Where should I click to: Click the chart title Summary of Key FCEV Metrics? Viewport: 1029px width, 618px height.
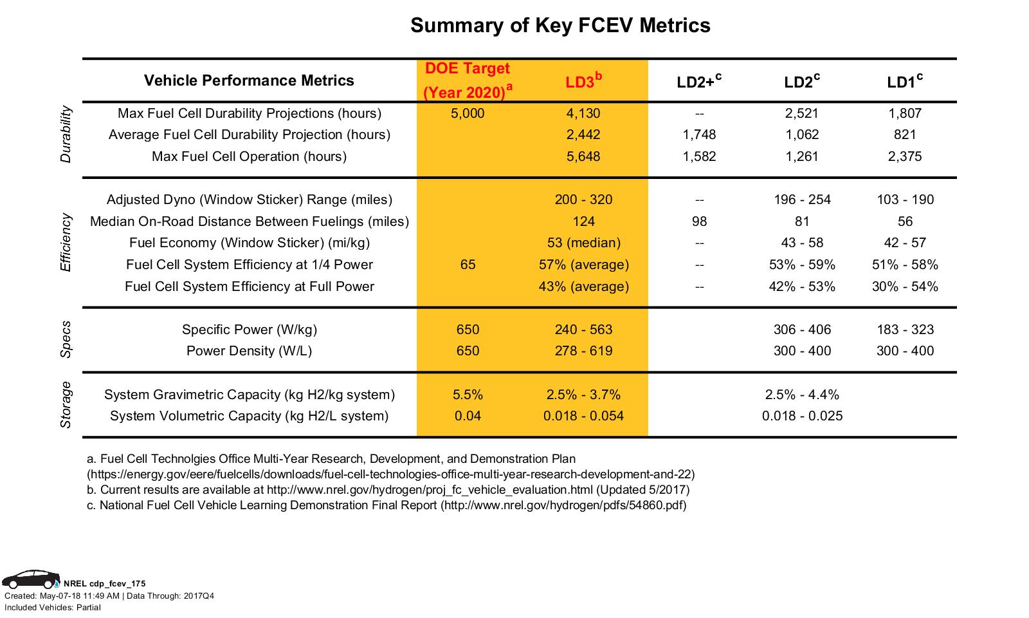(560, 26)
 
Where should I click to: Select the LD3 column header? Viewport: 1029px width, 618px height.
(583, 82)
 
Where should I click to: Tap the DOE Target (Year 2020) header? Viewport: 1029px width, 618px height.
(468, 80)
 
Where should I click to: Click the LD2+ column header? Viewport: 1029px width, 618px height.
(698, 82)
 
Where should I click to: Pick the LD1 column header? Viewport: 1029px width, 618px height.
(904, 82)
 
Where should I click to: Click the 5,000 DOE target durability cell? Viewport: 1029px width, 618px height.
(468, 113)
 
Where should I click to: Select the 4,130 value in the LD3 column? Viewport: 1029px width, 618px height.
(583, 113)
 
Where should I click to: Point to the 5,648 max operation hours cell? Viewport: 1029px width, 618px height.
(583, 156)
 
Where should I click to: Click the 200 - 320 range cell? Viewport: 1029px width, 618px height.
(583, 200)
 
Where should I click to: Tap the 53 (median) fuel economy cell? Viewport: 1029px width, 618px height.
(583, 243)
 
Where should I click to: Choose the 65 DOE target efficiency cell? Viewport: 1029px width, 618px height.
(468, 265)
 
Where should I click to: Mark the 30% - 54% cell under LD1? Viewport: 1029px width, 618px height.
(905, 286)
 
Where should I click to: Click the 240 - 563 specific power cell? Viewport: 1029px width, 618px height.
(583, 330)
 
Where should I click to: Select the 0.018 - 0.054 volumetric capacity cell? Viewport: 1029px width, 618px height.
(583, 416)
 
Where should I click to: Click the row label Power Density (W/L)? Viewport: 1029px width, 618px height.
(249, 351)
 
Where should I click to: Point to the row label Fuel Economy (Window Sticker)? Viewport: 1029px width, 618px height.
(249, 243)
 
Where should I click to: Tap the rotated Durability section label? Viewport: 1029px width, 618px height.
(66, 135)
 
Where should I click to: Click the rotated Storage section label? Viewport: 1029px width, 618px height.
(66, 405)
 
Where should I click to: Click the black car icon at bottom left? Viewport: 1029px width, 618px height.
(30, 579)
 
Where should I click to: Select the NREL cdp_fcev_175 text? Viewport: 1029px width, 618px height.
(104, 584)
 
